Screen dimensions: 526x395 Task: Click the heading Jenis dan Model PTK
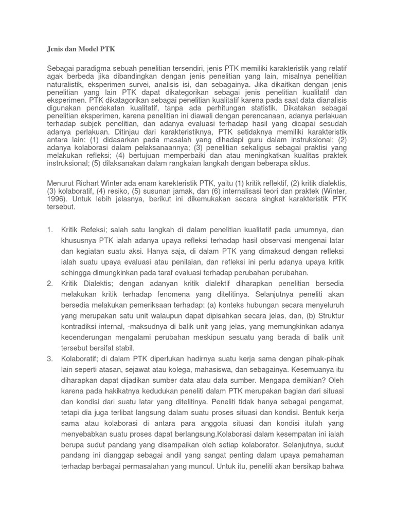pyautogui.click(x=81, y=49)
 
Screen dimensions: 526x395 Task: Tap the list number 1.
pyautogui.click(x=49, y=229)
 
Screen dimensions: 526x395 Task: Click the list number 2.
pyautogui.click(x=49, y=284)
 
